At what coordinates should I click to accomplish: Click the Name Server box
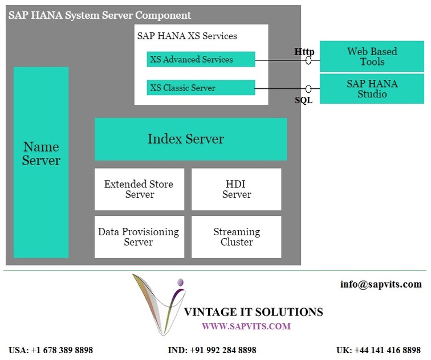coord(41,162)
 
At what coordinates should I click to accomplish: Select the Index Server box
coord(191,139)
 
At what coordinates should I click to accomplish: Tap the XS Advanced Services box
coord(201,59)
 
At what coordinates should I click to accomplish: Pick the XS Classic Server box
coord(201,88)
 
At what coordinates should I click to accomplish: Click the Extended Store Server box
coord(139,189)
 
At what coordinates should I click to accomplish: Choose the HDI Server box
coord(237,189)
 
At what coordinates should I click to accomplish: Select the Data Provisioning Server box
coord(139,237)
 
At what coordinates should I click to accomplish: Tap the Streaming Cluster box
coord(237,237)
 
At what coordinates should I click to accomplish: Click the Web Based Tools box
coord(372,56)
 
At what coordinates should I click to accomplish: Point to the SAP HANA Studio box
coord(372,89)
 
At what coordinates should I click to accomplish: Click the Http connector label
coord(304,52)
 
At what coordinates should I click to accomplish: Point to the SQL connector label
coord(304,100)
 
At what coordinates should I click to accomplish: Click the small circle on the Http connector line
coord(308,60)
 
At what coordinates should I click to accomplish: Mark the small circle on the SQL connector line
coord(308,89)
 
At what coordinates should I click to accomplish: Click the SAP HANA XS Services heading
coord(187,36)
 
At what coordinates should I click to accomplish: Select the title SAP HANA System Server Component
coord(100,15)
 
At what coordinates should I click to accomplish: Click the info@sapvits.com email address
coord(381,284)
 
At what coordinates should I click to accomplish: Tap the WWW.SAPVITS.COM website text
coord(246,326)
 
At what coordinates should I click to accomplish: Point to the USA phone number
coord(51,350)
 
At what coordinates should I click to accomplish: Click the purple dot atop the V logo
coord(180,282)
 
